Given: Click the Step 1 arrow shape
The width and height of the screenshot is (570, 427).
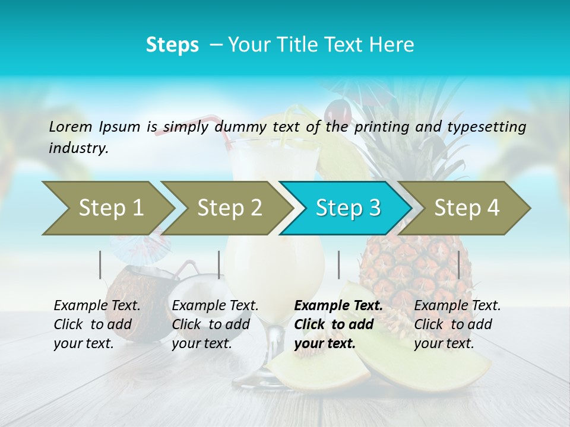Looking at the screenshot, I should pyautogui.click(x=110, y=208).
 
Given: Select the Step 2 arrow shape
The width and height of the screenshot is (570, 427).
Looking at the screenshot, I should pyautogui.click(x=229, y=208).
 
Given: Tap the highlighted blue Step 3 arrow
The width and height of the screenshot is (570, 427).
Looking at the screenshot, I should pyautogui.click(x=347, y=208).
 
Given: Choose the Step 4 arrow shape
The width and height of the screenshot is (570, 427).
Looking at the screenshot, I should pyautogui.click(x=466, y=208).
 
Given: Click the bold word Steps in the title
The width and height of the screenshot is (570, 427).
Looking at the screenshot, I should pyautogui.click(x=172, y=45).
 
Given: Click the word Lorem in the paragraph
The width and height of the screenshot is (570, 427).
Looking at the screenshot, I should pyautogui.click(x=70, y=127).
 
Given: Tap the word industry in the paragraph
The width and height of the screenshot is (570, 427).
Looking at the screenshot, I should pyautogui.click(x=78, y=148).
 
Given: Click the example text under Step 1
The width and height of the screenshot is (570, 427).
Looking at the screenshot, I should pyautogui.click(x=97, y=324).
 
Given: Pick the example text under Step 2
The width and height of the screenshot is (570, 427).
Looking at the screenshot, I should pyautogui.click(x=215, y=324).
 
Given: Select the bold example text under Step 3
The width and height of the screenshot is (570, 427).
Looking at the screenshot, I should pyautogui.click(x=338, y=324).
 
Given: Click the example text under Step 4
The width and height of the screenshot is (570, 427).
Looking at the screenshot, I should pyautogui.click(x=457, y=324).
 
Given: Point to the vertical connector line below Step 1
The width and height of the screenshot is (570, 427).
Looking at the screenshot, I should pyautogui.click(x=100, y=265).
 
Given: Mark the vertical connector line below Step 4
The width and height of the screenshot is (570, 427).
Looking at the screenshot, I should pyautogui.click(x=458, y=265).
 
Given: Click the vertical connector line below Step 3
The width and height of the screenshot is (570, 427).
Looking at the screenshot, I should pyautogui.click(x=338, y=265).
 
